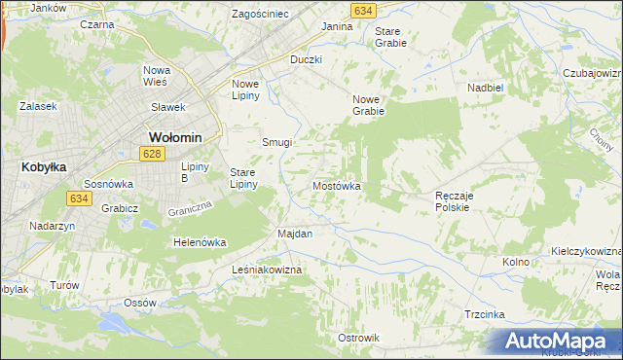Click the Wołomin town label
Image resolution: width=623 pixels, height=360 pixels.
point(174,136)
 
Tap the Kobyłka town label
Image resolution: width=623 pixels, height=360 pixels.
point(43,166)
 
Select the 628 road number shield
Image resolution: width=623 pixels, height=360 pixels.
point(151,154)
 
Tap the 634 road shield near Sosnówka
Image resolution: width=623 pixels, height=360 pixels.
point(80,198)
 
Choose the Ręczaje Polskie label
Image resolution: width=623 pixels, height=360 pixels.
point(453,201)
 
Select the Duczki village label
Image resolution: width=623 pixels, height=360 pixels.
point(306,59)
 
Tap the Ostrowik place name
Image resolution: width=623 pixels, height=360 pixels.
point(357,338)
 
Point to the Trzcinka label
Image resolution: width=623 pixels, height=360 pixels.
point(484,314)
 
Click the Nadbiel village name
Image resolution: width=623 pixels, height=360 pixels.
point(485,87)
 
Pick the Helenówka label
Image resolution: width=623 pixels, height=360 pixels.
point(200,242)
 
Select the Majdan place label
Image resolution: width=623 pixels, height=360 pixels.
point(295,234)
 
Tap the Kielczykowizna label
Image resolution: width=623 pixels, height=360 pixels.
point(586,250)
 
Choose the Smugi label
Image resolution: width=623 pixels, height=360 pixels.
point(276,142)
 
